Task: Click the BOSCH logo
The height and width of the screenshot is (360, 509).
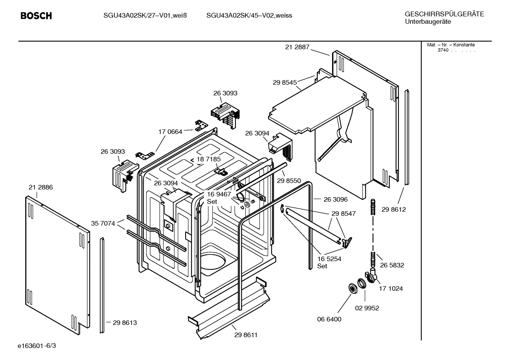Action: (x=36, y=16)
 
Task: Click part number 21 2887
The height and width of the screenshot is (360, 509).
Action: (x=297, y=47)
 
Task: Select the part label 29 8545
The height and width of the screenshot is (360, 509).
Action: (x=285, y=82)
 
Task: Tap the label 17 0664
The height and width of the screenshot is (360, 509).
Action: (x=170, y=132)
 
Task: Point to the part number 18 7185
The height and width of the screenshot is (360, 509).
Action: (x=209, y=159)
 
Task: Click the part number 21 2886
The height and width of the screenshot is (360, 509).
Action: (x=41, y=187)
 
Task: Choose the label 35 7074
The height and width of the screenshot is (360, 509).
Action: (x=103, y=223)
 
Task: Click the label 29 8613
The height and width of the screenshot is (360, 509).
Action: (x=125, y=323)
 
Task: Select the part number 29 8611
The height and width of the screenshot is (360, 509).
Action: (x=246, y=335)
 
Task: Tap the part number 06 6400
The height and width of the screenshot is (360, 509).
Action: (x=329, y=319)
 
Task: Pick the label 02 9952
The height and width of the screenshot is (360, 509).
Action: (x=367, y=308)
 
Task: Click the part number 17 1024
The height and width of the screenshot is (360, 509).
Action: (x=391, y=288)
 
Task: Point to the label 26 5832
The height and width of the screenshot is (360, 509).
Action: (x=392, y=265)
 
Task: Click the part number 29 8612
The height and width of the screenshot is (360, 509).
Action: (x=394, y=209)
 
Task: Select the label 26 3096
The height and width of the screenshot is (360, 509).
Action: (x=335, y=199)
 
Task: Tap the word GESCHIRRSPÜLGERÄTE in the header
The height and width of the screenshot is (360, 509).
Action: (x=444, y=14)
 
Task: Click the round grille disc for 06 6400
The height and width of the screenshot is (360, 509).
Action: (x=352, y=288)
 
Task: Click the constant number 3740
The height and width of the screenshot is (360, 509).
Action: (x=443, y=50)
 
